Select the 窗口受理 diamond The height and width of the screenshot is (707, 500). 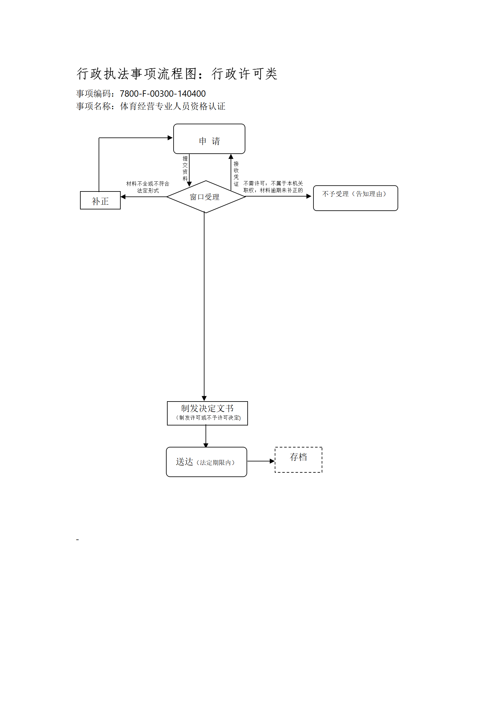[x=206, y=197]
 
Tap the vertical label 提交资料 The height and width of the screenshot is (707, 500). [x=185, y=168]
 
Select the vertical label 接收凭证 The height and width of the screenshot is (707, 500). [x=236, y=174]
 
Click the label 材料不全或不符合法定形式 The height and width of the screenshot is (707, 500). [x=148, y=187]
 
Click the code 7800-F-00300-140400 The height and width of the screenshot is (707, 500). [x=163, y=94]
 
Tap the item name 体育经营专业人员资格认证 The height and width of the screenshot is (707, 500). [x=173, y=106]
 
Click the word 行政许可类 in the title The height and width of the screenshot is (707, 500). [x=244, y=74]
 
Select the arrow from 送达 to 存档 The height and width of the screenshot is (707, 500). [x=261, y=461]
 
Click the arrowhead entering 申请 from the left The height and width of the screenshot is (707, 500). [x=170, y=138]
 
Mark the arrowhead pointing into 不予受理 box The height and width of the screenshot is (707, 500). [x=309, y=196]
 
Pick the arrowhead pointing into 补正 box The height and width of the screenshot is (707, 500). [x=123, y=197]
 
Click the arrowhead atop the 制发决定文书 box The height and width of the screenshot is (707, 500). [x=204, y=398]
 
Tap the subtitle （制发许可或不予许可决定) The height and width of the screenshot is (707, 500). [x=208, y=418]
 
